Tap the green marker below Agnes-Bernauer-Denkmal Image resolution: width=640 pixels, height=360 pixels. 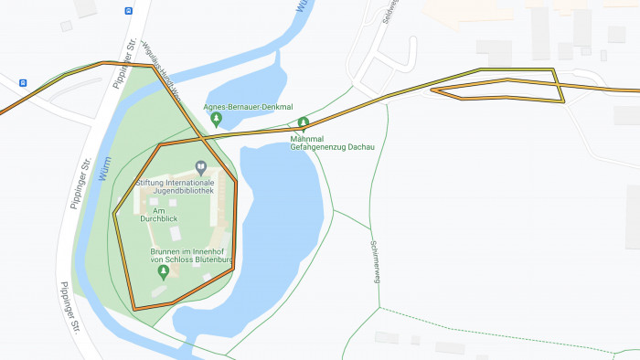216,119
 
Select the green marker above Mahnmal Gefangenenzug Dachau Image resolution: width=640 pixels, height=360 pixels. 304,122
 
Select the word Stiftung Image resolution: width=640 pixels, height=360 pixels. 152,183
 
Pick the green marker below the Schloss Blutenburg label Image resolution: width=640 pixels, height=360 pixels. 164,271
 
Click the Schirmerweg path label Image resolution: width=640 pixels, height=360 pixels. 374,261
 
